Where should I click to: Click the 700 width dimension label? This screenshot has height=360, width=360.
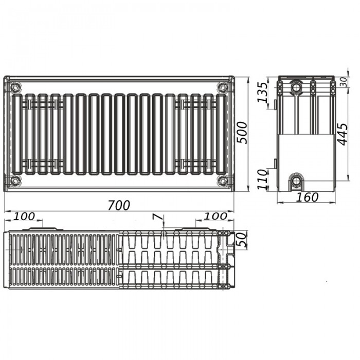[x=119, y=205]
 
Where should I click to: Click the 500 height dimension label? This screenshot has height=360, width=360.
[x=242, y=133]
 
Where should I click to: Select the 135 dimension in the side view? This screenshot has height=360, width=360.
[x=262, y=92]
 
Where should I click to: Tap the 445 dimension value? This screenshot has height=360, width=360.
[x=343, y=134]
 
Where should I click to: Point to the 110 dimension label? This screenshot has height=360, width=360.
[x=262, y=179]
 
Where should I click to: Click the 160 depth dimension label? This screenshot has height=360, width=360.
[x=307, y=197]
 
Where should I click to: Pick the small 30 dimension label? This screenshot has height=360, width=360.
[x=344, y=82]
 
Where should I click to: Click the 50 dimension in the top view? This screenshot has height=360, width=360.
[x=242, y=240]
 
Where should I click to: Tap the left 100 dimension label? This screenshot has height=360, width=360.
[x=24, y=217]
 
